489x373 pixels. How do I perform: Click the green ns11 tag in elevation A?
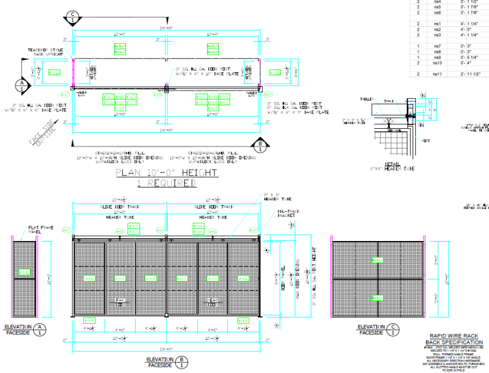click(x=24, y=272)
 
